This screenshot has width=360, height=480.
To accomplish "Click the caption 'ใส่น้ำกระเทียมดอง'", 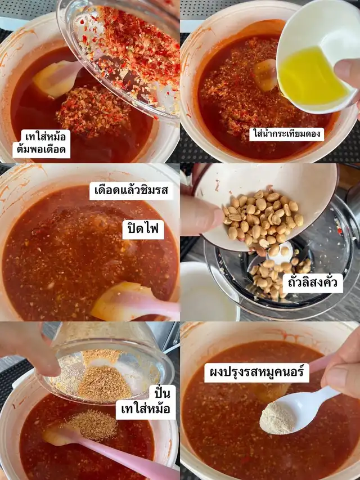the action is pos(286,134).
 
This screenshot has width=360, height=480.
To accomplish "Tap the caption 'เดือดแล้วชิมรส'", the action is pos(131,191).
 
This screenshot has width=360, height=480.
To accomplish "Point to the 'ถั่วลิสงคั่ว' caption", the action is pos(313,283).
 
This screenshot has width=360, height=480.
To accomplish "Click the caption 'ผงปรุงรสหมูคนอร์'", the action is pos(256,373).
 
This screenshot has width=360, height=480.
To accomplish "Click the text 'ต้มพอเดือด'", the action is pos(41,150).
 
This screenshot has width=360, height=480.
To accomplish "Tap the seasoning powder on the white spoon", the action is pos(277,418).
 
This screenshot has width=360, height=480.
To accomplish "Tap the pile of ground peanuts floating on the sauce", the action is pos(92,425).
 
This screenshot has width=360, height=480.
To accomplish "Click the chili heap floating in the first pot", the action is pos(93,111).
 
